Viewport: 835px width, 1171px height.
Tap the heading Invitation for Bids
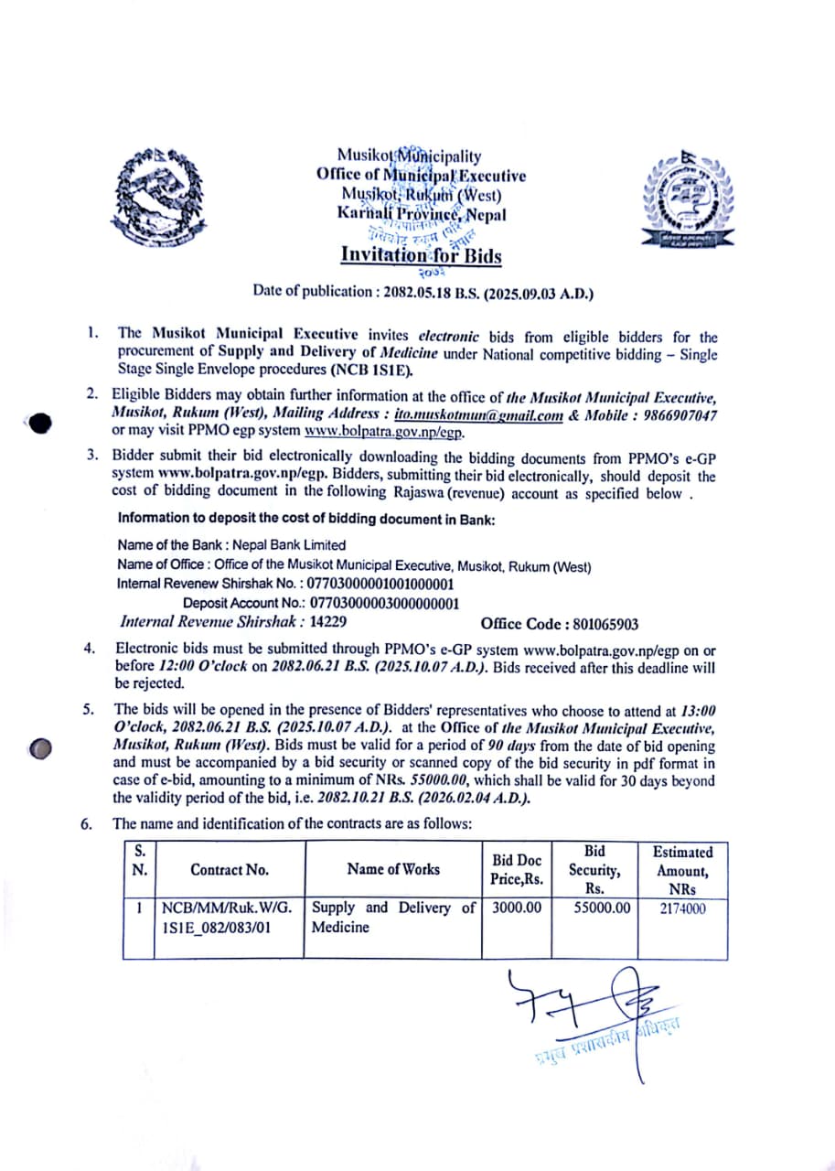point(421,255)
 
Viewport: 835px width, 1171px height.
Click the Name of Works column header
point(393,869)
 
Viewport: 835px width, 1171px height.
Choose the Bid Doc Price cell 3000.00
point(517,908)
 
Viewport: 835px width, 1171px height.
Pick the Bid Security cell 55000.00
point(599,908)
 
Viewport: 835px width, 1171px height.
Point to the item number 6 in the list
point(86,823)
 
